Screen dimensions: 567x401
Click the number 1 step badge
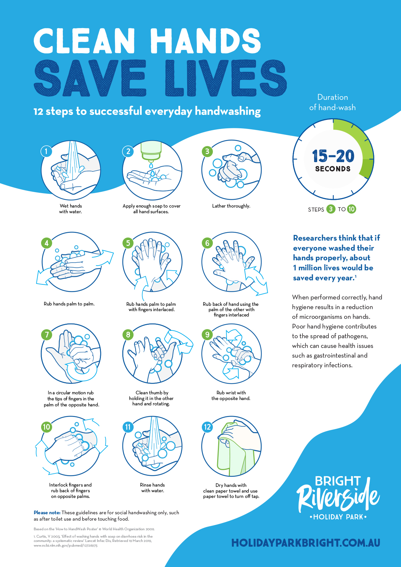[x=46, y=151]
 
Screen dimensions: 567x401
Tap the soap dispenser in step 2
[x=151, y=150]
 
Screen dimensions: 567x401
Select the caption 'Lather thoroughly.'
[x=231, y=206]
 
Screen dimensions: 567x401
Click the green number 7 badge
[x=47, y=334]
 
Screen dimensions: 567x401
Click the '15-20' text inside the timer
[x=333, y=156]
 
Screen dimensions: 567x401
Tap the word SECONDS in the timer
[x=333, y=169]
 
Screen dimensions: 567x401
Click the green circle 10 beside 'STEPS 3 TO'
[x=351, y=209]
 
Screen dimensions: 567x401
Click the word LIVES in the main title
[x=226, y=79]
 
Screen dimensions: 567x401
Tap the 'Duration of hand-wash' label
[x=332, y=102]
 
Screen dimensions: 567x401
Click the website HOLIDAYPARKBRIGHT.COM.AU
[x=305, y=543]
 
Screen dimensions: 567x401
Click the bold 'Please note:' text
[x=47, y=513]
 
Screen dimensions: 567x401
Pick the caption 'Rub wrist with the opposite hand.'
[x=231, y=396]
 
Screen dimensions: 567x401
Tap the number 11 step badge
[x=128, y=427]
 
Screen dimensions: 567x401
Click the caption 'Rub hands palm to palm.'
[x=69, y=304]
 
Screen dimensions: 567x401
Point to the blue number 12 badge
[x=207, y=427]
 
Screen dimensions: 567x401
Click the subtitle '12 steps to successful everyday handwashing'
[x=147, y=111]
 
